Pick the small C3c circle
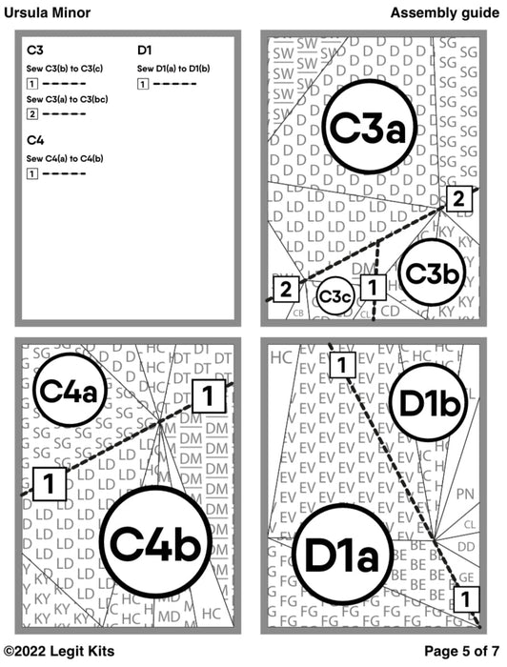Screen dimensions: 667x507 point(335,298)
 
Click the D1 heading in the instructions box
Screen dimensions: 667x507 point(146,50)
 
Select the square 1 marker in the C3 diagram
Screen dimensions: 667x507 point(374,285)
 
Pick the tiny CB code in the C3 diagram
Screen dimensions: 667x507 point(298,312)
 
